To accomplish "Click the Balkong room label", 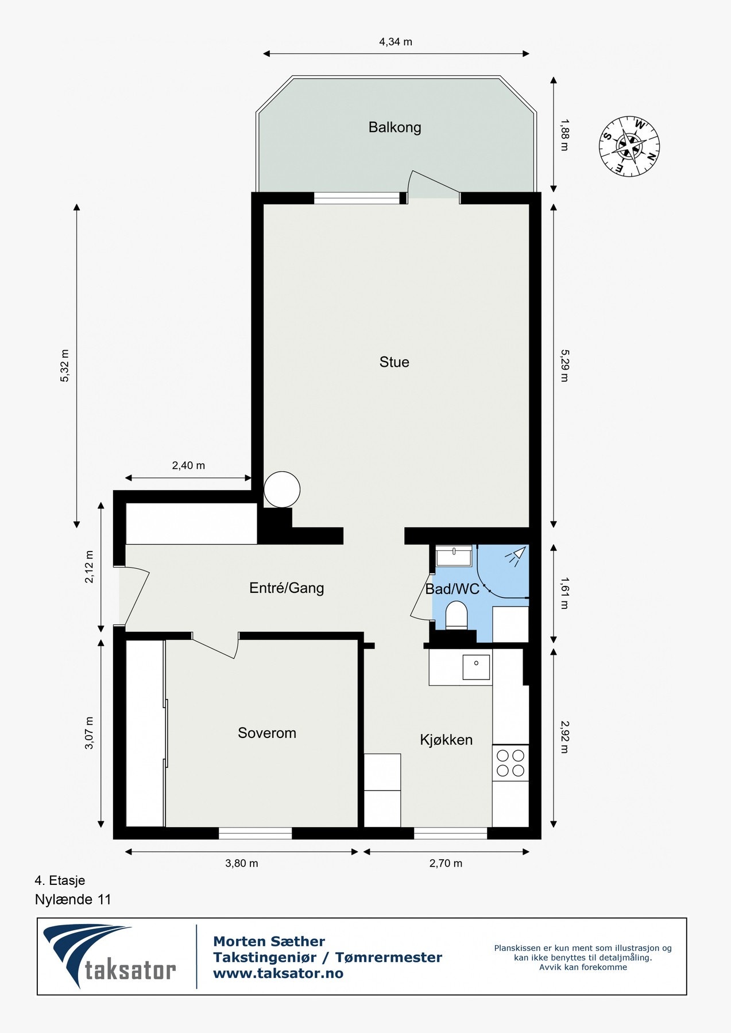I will pyautogui.click(x=394, y=127).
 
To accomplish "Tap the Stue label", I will pyautogui.click(x=394, y=362).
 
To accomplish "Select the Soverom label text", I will pyautogui.click(x=267, y=733).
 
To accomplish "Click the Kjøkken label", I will pyautogui.click(x=446, y=740).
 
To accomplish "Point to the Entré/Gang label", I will pyautogui.click(x=287, y=588).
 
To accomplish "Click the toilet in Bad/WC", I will pyautogui.click(x=457, y=615).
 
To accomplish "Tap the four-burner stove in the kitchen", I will pyautogui.click(x=510, y=763).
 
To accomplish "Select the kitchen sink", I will pyautogui.click(x=476, y=667).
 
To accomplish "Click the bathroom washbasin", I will pyautogui.click(x=454, y=555).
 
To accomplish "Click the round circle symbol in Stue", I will pyautogui.click(x=281, y=490).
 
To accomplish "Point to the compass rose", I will pyautogui.click(x=629, y=146).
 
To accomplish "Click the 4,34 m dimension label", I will pyautogui.click(x=396, y=42).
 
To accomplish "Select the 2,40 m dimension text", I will pyautogui.click(x=188, y=465).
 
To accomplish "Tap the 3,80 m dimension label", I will pyautogui.click(x=241, y=863).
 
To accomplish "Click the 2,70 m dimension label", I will pyautogui.click(x=446, y=863).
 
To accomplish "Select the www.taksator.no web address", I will pyautogui.click(x=278, y=973).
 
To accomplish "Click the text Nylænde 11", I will pyautogui.click(x=73, y=899).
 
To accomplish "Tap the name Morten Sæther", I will pyautogui.click(x=269, y=941).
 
